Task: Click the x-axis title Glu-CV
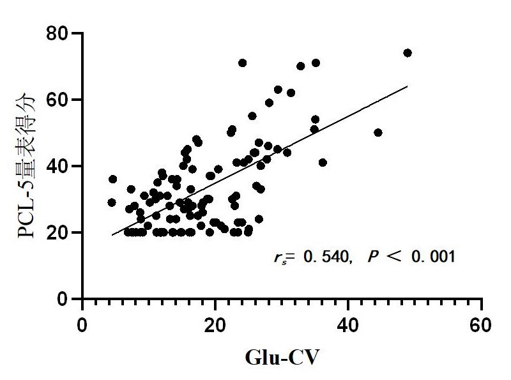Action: pos(282,356)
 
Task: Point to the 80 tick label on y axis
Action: pos(58,33)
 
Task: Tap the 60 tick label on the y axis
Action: pos(58,100)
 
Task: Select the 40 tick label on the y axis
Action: pos(58,166)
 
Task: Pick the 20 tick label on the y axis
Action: pos(58,232)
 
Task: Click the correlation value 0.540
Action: pos(326,257)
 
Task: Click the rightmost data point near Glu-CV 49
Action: pos(408,53)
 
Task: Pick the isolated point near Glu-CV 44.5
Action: pos(378,133)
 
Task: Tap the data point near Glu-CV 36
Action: pos(323,162)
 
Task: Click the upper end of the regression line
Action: pos(407,86)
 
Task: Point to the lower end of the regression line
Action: pos(112,235)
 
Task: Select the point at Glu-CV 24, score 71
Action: pos(242,63)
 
